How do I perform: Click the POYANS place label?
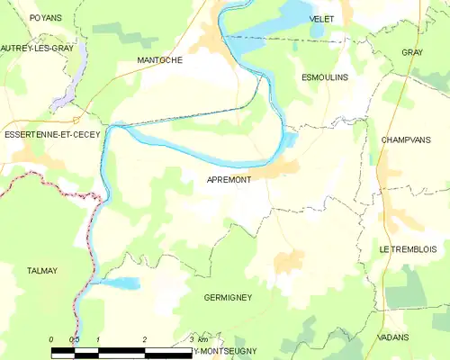(44, 17)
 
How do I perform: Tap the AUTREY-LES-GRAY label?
(37, 48)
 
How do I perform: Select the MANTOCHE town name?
(159, 60)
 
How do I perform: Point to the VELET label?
(321, 18)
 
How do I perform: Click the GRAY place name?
(412, 53)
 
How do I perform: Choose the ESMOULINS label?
(324, 78)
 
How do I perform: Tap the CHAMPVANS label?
(407, 140)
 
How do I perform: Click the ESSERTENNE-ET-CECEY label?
(52, 134)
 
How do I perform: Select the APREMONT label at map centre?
(229, 180)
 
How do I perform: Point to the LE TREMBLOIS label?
(408, 248)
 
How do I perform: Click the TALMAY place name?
(42, 270)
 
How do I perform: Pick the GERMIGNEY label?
(228, 297)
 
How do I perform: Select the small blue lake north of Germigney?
(120, 283)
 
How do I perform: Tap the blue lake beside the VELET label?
(295, 13)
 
